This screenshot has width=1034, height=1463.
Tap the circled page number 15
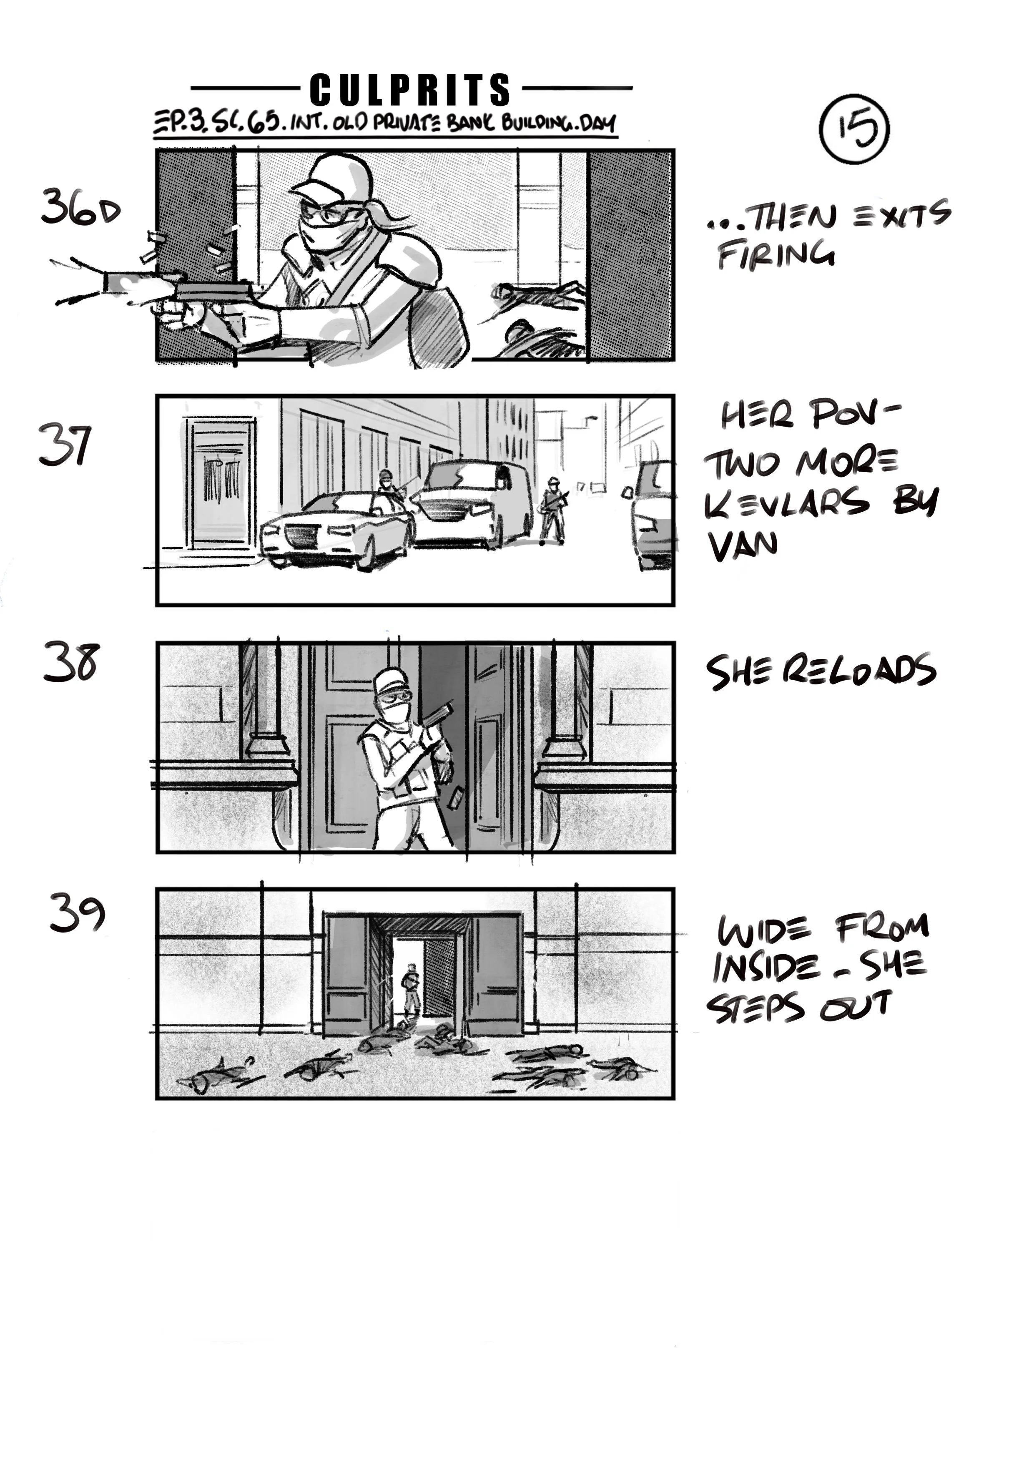(x=854, y=127)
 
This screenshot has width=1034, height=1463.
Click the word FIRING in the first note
(x=776, y=254)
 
